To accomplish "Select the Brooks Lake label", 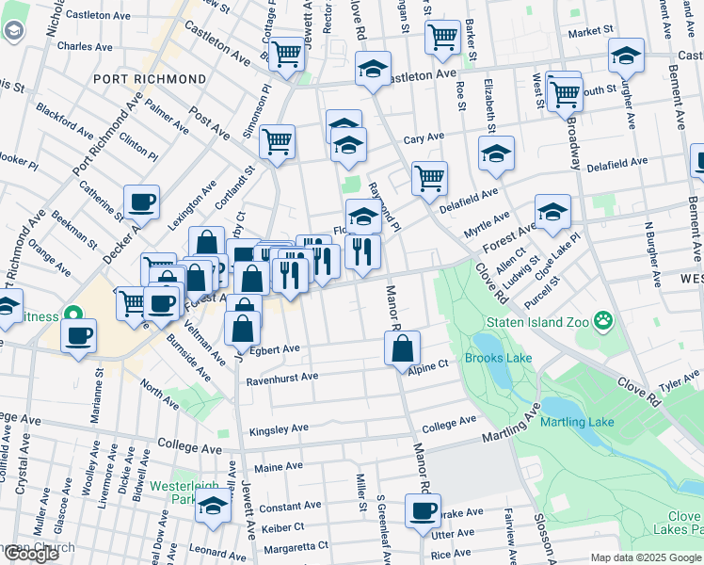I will [x=498, y=358].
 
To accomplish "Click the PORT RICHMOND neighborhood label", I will [x=150, y=79].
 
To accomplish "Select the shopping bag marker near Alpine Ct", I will [x=402, y=347].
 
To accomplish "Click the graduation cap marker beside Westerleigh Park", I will [x=214, y=506].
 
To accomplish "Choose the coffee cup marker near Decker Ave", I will [x=141, y=201].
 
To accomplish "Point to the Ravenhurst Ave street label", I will [x=282, y=379].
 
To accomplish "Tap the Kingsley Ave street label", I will [x=279, y=429].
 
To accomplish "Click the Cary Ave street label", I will [x=424, y=137].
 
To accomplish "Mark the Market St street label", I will [x=591, y=31].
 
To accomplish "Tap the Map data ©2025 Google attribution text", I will [x=646, y=557].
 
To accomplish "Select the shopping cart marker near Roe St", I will [x=441, y=38].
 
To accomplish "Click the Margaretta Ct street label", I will [x=296, y=546].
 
